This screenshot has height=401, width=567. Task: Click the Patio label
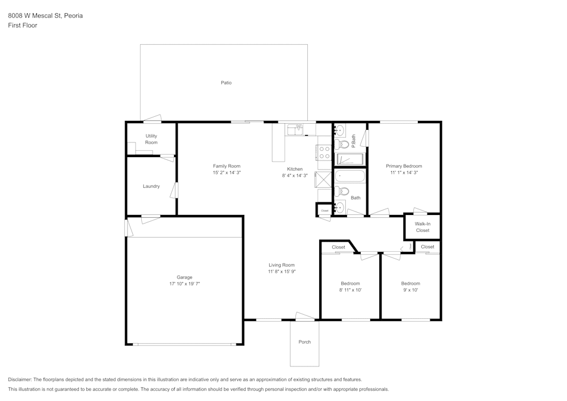(226, 83)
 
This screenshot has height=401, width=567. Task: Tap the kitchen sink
(295, 130)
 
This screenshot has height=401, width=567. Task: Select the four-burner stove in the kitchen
(324, 153)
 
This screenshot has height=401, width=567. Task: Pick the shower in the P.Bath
(350, 158)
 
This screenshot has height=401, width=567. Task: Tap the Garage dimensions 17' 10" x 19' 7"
(184, 284)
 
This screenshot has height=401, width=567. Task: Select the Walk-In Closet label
(422, 227)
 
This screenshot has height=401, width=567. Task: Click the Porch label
(304, 342)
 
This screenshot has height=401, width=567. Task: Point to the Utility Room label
(151, 139)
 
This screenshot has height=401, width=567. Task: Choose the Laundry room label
(151, 186)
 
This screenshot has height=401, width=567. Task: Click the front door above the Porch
(306, 317)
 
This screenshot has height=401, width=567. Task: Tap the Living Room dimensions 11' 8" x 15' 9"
(282, 272)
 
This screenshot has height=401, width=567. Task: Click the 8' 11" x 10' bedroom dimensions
(350, 290)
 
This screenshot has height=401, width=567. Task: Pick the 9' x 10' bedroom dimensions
(411, 290)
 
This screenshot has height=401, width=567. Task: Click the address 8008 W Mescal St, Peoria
(45, 16)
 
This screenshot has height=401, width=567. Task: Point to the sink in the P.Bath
(339, 131)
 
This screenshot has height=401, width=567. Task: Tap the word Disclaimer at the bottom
(20, 379)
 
